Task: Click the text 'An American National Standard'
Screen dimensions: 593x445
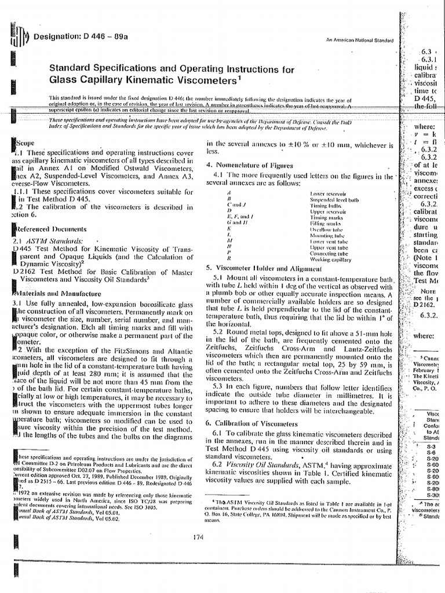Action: coord(359,40)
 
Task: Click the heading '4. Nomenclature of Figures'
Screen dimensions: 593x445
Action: coord(250,165)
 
